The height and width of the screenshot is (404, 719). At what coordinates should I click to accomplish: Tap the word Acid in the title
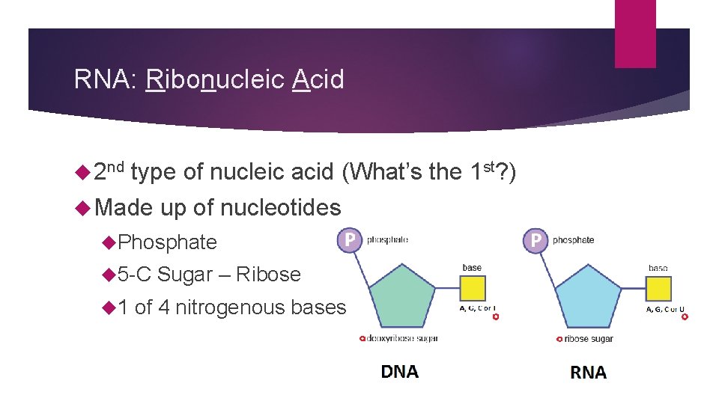click(318, 79)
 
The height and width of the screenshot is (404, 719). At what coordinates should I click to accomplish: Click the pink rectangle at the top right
click(635, 34)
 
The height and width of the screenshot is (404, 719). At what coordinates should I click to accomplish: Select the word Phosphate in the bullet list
click(168, 242)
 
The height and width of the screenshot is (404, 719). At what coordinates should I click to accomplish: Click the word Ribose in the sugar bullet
click(268, 275)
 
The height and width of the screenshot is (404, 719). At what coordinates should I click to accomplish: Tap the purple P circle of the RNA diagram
click(536, 240)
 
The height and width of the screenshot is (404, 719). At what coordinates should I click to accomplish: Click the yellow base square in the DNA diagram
click(472, 289)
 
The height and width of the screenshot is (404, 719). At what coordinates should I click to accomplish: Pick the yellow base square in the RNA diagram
click(658, 289)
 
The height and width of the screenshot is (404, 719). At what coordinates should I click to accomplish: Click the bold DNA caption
click(400, 372)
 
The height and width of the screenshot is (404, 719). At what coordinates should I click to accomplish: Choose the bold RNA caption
click(589, 373)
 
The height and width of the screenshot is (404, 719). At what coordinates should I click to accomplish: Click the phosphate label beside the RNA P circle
click(574, 240)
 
